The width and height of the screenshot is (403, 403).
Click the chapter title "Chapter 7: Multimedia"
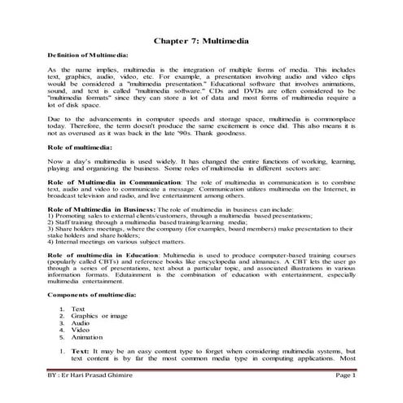pyautogui.click(x=201, y=39)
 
